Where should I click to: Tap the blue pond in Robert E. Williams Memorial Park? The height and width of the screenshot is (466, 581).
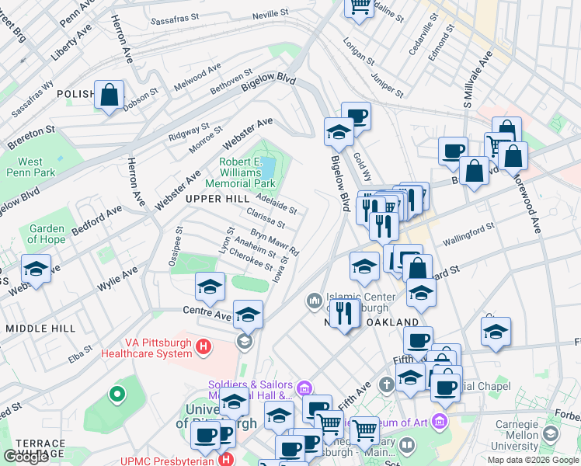tap(268, 166)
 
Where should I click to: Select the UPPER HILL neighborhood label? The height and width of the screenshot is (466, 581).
tap(217, 200)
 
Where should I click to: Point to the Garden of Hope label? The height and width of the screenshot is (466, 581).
tap(47, 234)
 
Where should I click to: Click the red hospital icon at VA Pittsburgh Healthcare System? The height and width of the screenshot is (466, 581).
tap(204, 346)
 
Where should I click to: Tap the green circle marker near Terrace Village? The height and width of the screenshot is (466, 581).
tap(117, 395)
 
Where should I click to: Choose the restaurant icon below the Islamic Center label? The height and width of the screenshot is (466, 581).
tap(344, 314)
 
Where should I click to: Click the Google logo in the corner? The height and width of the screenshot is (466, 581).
tap(26, 457)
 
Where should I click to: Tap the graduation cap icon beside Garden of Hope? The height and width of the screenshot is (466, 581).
tap(36, 270)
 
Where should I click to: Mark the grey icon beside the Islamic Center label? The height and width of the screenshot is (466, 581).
tap(315, 300)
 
